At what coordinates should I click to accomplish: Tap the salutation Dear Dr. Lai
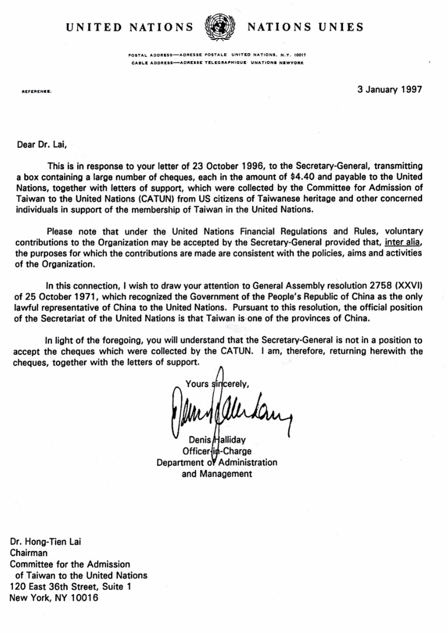39,146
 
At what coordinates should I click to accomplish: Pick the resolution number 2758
380,284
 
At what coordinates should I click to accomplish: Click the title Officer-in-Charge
217,451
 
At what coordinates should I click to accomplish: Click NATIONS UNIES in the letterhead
306,27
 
